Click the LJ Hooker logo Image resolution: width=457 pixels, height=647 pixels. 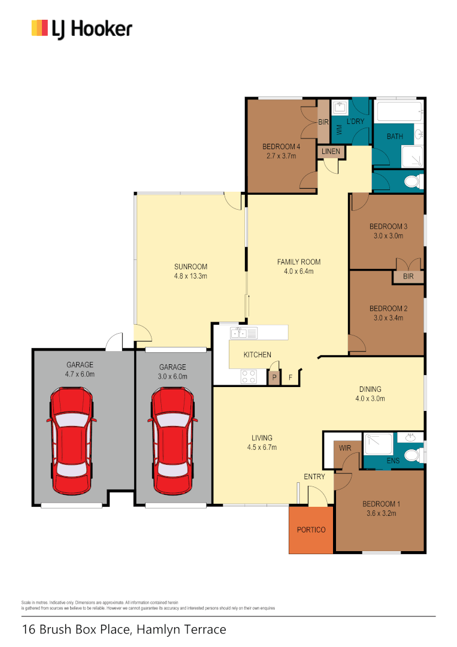(x=81, y=28)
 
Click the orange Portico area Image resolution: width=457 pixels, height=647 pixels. (x=311, y=530)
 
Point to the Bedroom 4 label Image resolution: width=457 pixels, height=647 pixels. (x=281, y=147)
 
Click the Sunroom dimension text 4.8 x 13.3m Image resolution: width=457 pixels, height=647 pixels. (x=190, y=277)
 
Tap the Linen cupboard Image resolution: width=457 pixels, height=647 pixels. (x=331, y=152)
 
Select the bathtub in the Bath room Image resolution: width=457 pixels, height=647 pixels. (x=397, y=111)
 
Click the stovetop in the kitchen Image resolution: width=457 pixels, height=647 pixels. (x=249, y=376)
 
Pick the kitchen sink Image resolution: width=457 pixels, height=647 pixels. (x=244, y=332)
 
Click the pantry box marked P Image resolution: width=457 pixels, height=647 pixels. (x=274, y=378)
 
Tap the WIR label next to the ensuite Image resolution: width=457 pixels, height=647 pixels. (x=345, y=448)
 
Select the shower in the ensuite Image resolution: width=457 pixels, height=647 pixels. (x=379, y=443)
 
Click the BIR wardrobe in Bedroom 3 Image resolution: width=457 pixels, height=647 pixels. (x=408, y=277)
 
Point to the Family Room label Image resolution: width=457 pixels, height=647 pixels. (x=298, y=262)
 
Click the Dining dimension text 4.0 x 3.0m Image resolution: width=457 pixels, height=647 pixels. (x=370, y=398)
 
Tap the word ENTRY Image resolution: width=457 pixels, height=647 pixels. (x=314, y=477)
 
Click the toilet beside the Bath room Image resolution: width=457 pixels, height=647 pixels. (x=411, y=180)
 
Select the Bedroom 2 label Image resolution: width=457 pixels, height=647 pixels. (x=388, y=309)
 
